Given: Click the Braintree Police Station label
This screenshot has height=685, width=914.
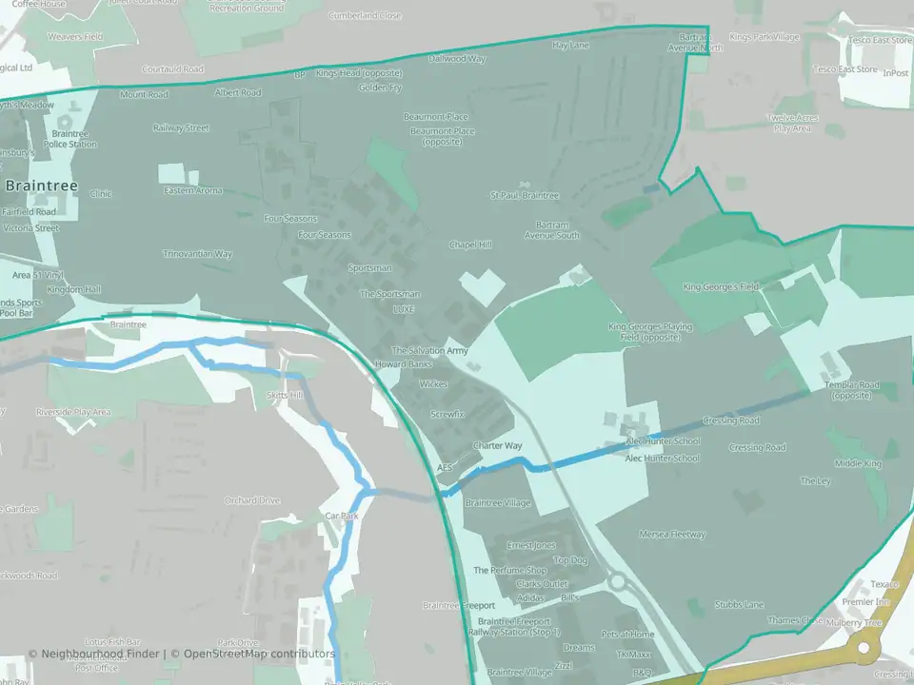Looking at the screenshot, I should point(74,139).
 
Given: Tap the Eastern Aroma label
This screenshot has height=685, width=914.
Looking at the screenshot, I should point(193,190).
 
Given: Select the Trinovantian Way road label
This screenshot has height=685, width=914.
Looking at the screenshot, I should point(197,254).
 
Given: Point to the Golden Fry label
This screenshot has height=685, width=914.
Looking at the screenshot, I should point(380,88).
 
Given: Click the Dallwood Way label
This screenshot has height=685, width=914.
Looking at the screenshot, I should point(457,59).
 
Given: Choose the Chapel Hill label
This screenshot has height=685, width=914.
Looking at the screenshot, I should point(470,245).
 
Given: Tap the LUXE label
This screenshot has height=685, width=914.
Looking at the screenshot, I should point(404,309).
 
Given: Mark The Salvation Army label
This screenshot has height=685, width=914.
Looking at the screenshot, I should point(430,351).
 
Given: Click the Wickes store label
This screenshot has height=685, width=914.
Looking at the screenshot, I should point(432,384).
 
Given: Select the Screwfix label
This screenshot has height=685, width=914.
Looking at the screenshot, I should point(447,415).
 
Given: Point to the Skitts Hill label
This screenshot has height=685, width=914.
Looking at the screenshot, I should point(285,395).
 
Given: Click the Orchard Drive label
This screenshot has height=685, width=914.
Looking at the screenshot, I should point(252,500).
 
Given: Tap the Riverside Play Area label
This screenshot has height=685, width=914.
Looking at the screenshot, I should point(73,412).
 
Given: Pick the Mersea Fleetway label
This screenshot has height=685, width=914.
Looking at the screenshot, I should point(672,535).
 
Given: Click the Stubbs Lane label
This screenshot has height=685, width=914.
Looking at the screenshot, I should point(739,604).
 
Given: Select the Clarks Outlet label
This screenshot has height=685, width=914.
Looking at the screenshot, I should point(541,583).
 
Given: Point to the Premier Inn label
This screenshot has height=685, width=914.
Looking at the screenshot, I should point(865,602).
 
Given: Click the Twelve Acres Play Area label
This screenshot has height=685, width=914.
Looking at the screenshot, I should point(792,123).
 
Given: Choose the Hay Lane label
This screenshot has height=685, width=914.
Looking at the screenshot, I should point(571,45).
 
